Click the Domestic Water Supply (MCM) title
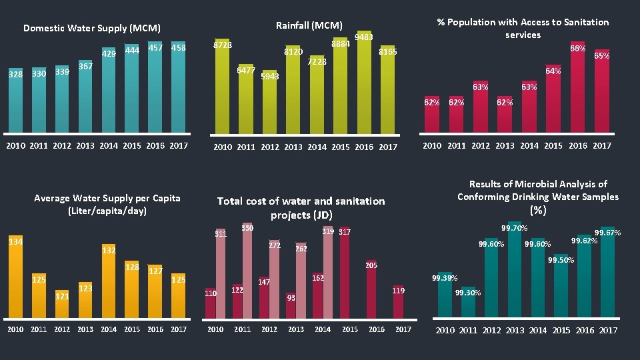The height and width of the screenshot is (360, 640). [91, 28]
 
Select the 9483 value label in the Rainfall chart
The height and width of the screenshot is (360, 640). [363, 37]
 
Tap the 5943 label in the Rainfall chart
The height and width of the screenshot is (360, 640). [269, 77]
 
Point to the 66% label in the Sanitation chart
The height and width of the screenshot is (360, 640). [577, 49]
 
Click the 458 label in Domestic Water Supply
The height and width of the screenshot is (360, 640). [178, 48]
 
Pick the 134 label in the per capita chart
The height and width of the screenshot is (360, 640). [15, 241]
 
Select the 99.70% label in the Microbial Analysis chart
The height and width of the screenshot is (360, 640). [514, 228]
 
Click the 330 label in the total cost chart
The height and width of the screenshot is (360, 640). [247, 228]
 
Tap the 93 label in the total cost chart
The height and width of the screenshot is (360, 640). [291, 298]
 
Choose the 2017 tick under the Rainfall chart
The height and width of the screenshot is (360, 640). [387, 147]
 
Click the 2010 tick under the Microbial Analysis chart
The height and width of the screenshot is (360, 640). [445, 330]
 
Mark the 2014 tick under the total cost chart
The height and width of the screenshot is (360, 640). [323, 329]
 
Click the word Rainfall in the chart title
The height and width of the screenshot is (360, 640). [293, 25]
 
